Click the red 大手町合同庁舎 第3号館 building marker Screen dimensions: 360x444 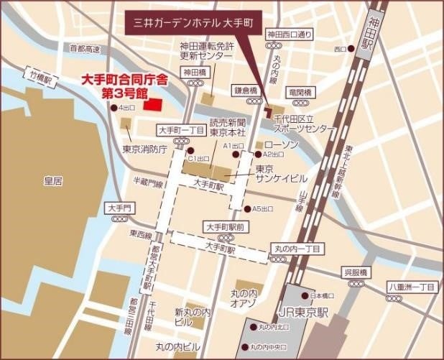[x=153, y=104]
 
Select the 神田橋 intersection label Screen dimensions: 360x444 [x=194, y=72]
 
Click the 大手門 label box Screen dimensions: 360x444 [x=119, y=208]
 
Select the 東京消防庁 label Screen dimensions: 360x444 [x=144, y=149]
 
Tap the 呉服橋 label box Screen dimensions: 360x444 [x=355, y=272]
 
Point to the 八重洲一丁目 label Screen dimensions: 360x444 [x=412, y=286]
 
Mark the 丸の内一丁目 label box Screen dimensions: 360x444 [x=297, y=249]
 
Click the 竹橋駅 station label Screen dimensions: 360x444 [x=40, y=73]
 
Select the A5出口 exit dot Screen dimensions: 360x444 [x=246, y=208]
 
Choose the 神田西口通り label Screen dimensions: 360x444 [x=290, y=34]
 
